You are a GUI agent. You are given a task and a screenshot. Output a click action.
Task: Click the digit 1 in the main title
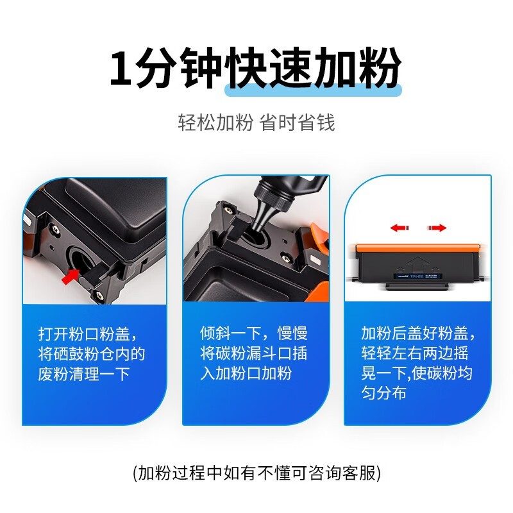pyautogui.click(x=121, y=69)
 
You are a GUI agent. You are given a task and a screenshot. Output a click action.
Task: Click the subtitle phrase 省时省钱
pyautogui.click(x=298, y=122)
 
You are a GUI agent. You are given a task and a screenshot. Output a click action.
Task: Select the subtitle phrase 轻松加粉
pyautogui.click(x=215, y=122)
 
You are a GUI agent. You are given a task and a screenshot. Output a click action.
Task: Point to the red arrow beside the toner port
pyautogui.click(x=71, y=276)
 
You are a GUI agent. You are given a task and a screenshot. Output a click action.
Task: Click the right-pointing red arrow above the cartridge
pyautogui.click(x=437, y=228)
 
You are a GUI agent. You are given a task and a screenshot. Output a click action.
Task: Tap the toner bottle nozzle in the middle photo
pyautogui.click(x=263, y=216)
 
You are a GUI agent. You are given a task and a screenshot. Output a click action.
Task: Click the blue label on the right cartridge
pyautogui.click(x=418, y=276)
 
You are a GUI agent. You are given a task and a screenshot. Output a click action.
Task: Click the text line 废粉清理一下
pyautogui.click(x=84, y=374)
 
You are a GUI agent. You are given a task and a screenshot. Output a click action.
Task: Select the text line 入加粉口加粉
pyautogui.click(x=246, y=373)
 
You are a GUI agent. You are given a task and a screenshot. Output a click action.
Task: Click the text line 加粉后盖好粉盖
pyautogui.click(x=414, y=333)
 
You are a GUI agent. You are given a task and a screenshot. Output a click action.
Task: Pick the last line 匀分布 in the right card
pyautogui.click(x=383, y=393)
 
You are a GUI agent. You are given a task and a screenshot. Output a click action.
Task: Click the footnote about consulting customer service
pyautogui.click(x=257, y=473)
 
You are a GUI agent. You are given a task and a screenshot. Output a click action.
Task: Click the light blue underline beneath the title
pyautogui.click(x=313, y=90)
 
